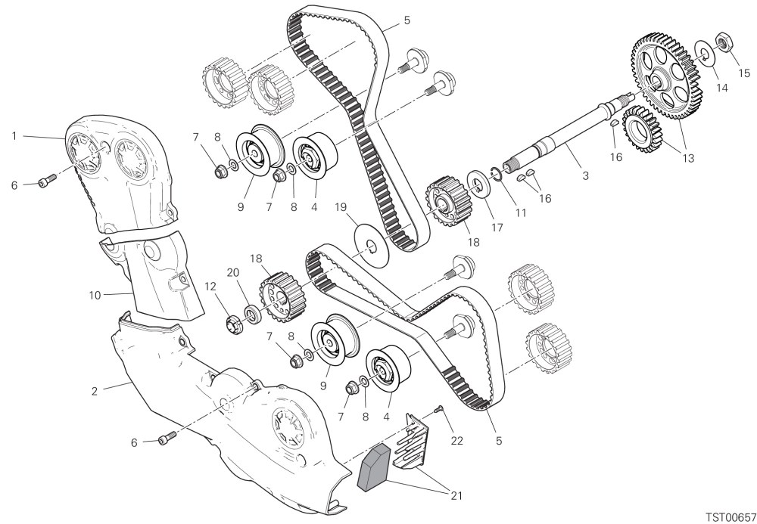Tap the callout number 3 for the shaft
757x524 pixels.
tap(586, 176)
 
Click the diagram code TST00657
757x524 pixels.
tap(731, 516)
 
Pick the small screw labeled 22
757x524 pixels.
tap(438, 409)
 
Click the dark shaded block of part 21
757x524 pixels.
tap(373, 467)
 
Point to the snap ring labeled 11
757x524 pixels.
tap(496, 174)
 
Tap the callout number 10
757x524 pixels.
tap(95, 295)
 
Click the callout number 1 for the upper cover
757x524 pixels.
tap(14, 136)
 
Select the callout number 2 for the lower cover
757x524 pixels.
tap(94, 391)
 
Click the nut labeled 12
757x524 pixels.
tap(235, 323)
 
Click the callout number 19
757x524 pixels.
tap(341, 207)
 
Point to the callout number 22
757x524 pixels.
tap(456, 440)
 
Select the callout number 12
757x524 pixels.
tap(210, 287)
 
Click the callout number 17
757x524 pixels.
tap(497, 227)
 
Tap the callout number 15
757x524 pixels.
tap(744, 73)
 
